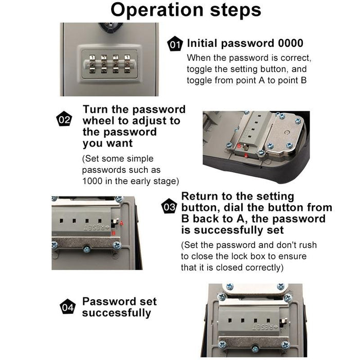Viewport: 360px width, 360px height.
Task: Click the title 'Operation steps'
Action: [x=186, y=10]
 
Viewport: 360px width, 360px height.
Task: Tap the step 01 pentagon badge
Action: [x=175, y=45]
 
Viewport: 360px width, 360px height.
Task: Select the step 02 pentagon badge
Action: [x=64, y=120]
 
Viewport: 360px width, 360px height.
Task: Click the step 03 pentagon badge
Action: [x=169, y=207]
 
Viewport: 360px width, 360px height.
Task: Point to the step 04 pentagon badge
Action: [x=67, y=307]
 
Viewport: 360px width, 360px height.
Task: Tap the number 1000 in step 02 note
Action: [x=93, y=181]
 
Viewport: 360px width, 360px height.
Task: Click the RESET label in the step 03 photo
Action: [x=96, y=226]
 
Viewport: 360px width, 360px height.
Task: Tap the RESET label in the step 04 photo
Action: [x=262, y=327]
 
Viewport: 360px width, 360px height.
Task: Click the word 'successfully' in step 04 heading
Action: [x=117, y=313]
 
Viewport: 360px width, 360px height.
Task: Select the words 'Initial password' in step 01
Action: [x=223, y=43]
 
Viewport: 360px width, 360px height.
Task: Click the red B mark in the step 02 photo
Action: [x=240, y=146]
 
